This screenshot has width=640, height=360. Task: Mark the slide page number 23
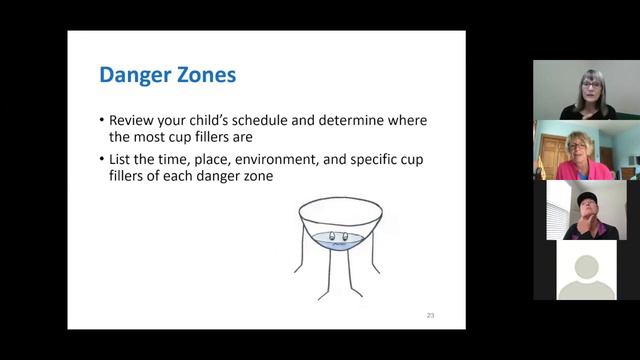coord(430,316)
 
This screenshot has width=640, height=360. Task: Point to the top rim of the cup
coord(340,202)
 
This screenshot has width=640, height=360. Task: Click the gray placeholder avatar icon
coord(586,272)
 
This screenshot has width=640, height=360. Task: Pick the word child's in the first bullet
coord(220,120)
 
